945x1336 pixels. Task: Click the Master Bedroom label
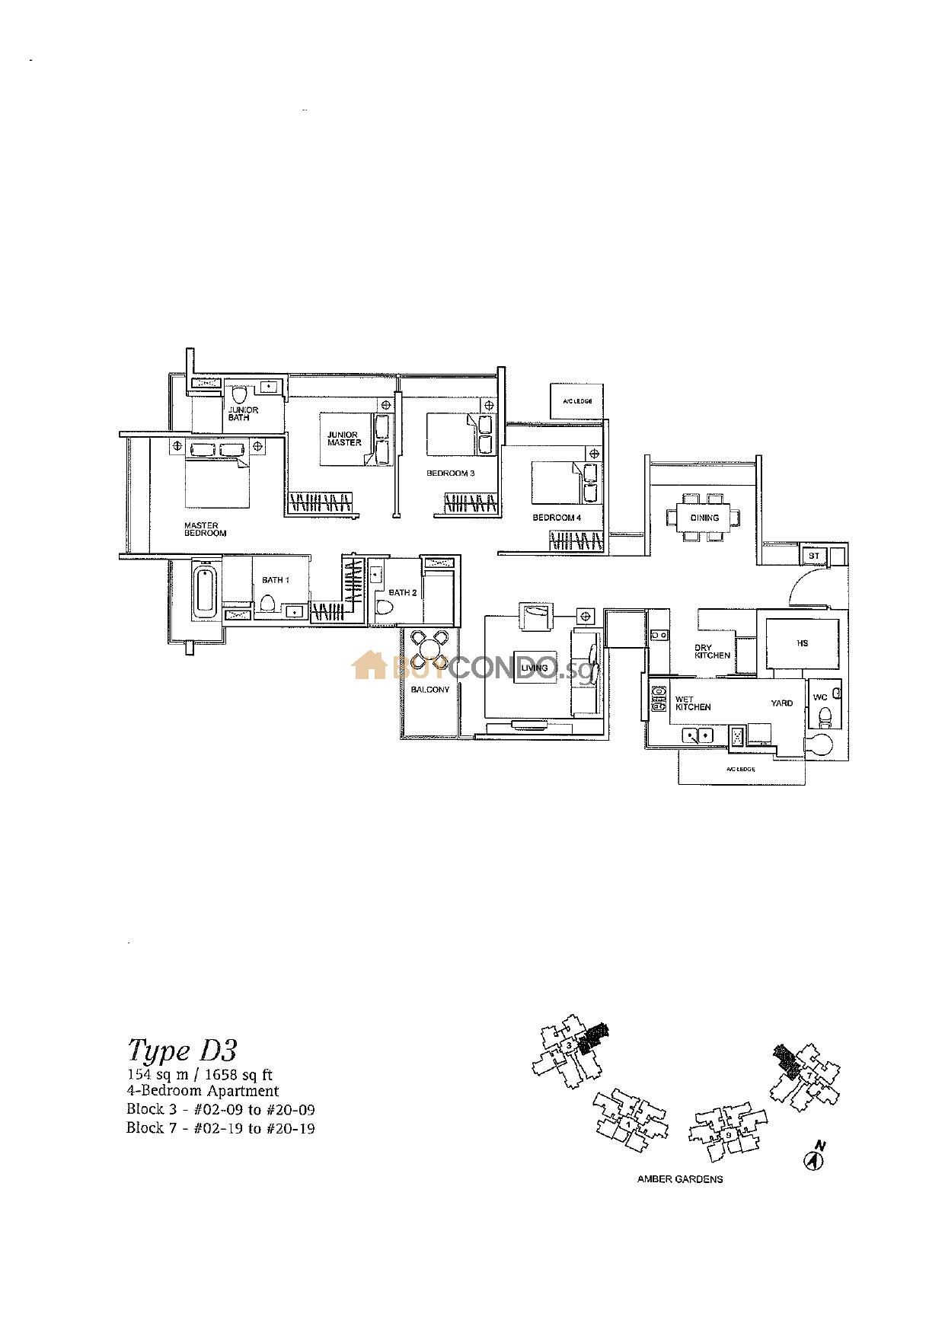pyautogui.click(x=205, y=529)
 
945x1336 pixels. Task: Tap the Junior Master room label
pyautogui.click(x=344, y=438)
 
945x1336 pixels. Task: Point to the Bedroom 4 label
pyautogui.click(x=557, y=518)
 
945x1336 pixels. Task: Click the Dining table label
pyautogui.click(x=704, y=518)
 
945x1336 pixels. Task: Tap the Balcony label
pyautogui.click(x=430, y=690)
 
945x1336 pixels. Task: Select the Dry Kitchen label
pyautogui.click(x=712, y=652)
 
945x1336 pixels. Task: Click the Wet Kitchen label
pyautogui.click(x=693, y=703)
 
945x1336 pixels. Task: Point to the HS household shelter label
pyautogui.click(x=802, y=643)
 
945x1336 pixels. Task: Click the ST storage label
pyautogui.click(x=814, y=556)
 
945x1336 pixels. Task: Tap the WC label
pyautogui.click(x=820, y=697)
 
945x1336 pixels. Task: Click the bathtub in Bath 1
pyautogui.click(x=206, y=590)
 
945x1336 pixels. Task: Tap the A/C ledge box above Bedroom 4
pyautogui.click(x=577, y=401)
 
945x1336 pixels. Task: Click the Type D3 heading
pyautogui.click(x=182, y=1050)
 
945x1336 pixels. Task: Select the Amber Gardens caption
pyautogui.click(x=679, y=1179)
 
